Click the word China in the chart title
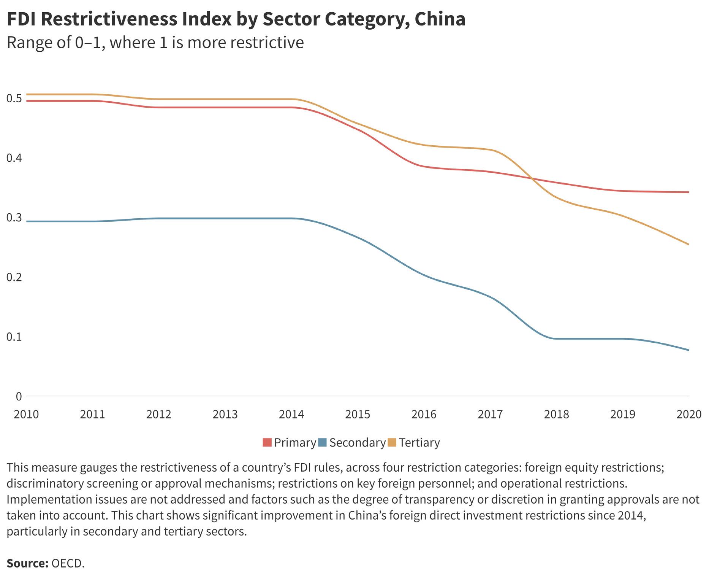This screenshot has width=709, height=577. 440,19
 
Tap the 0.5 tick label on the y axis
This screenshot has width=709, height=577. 14,98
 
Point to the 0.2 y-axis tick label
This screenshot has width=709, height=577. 14,277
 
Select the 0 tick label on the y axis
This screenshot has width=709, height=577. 19,396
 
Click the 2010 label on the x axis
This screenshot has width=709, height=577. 26,414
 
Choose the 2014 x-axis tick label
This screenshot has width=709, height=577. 291,414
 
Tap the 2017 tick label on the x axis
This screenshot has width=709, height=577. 490,414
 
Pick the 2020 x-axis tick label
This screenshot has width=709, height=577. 689,414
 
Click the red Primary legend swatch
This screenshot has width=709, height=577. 267,443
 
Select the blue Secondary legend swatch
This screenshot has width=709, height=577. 322,443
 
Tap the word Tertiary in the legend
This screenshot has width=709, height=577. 419,443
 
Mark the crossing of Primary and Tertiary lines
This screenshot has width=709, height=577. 532,178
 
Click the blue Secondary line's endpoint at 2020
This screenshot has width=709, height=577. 688,350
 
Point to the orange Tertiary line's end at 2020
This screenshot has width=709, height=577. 688,244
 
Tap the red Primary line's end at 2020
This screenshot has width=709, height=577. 688,192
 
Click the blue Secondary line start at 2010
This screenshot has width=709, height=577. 27,221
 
